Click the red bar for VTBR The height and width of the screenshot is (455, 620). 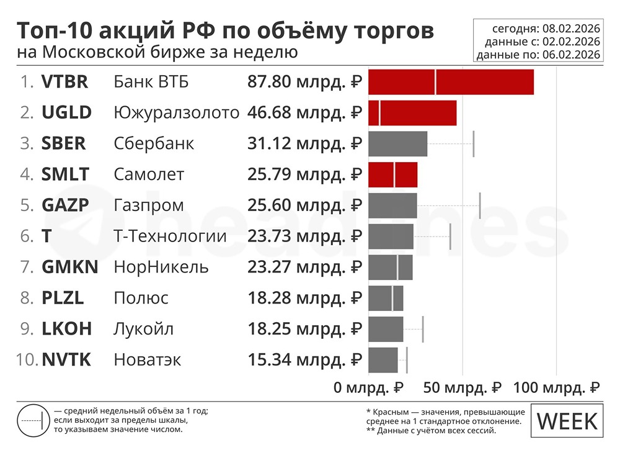pyautogui.click(x=451, y=82)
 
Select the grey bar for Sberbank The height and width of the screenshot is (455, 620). pyautogui.click(x=397, y=143)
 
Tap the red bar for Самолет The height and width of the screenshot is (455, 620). pyautogui.click(x=392, y=174)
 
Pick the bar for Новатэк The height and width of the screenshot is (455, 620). pyautogui.click(x=383, y=360)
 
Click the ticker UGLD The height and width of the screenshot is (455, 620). pyautogui.click(x=66, y=112)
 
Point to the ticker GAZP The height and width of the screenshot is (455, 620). pyautogui.click(x=65, y=205)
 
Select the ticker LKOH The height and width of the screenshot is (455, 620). pyautogui.click(x=66, y=329)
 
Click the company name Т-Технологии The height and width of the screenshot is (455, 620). pyautogui.click(x=170, y=237)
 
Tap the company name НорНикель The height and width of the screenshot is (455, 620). pyautogui.click(x=161, y=268)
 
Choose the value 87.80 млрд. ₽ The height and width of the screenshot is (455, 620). pyautogui.click(x=304, y=82)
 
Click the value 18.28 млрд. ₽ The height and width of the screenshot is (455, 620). pyautogui.click(x=304, y=298)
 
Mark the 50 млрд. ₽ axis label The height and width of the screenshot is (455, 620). pyautogui.click(x=462, y=388)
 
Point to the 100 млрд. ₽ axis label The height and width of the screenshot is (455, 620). pyautogui.click(x=556, y=388)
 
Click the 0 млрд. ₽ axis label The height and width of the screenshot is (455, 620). pyautogui.click(x=368, y=388)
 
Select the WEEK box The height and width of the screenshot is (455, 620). pyautogui.click(x=567, y=421)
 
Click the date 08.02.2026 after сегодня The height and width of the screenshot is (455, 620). pyautogui.click(x=571, y=29)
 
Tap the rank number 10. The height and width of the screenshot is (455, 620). pyautogui.click(x=28, y=360)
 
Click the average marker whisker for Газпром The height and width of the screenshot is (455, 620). pyautogui.click(x=480, y=205)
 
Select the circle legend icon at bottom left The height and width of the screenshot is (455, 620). pyautogui.click(x=31, y=420)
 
